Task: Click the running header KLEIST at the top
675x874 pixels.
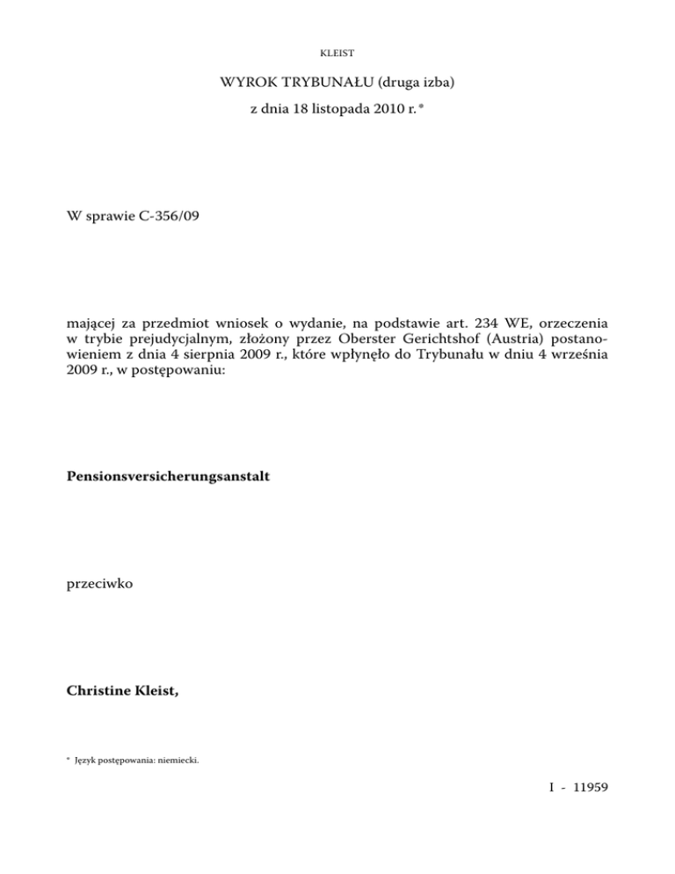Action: tap(337, 53)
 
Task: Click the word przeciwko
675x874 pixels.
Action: tap(99, 583)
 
